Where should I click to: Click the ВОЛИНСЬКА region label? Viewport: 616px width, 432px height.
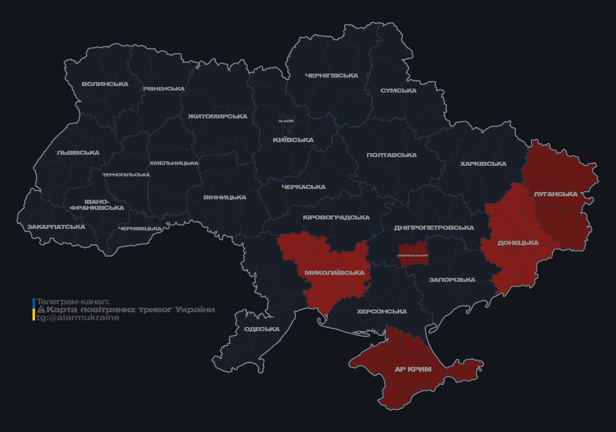pyautogui.click(x=105, y=84)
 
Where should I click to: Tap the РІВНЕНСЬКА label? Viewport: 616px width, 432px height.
pyautogui.click(x=164, y=89)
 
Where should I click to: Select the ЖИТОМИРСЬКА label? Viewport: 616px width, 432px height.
pyautogui.click(x=218, y=117)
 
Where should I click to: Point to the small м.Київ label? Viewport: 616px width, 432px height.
pyautogui.click(x=286, y=121)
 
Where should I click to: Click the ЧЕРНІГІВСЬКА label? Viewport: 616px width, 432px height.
pyautogui.click(x=331, y=76)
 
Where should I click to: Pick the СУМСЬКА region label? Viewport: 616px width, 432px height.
pyautogui.click(x=398, y=91)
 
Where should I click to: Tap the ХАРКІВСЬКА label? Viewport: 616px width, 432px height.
pyautogui.click(x=483, y=164)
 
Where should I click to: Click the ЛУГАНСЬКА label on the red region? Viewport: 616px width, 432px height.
pyautogui.click(x=555, y=194)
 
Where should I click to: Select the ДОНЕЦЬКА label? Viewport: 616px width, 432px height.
pyautogui.click(x=518, y=243)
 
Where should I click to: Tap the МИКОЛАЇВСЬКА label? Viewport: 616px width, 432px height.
pyautogui.click(x=334, y=273)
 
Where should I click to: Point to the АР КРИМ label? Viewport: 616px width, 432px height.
pyautogui.click(x=413, y=369)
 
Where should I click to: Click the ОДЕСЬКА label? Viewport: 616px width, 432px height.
pyautogui.click(x=262, y=329)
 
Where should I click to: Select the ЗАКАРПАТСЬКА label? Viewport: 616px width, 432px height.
pyautogui.click(x=56, y=227)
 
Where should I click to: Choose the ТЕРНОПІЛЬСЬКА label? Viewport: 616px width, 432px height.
pyautogui.click(x=126, y=175)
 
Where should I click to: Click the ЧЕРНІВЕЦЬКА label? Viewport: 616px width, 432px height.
pyautogui.click(x=140, y=229)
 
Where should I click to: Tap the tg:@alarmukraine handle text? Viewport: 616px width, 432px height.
pyautogui.click(x=78, y=318)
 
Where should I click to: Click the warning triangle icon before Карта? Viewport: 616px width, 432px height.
pyautogui.click(x=41, y=310)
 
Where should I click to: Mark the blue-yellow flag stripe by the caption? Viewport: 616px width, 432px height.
pyautogui.click(x=34, y=310)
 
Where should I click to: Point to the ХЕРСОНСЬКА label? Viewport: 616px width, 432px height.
pyautogui.click(x=382, y=311)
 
